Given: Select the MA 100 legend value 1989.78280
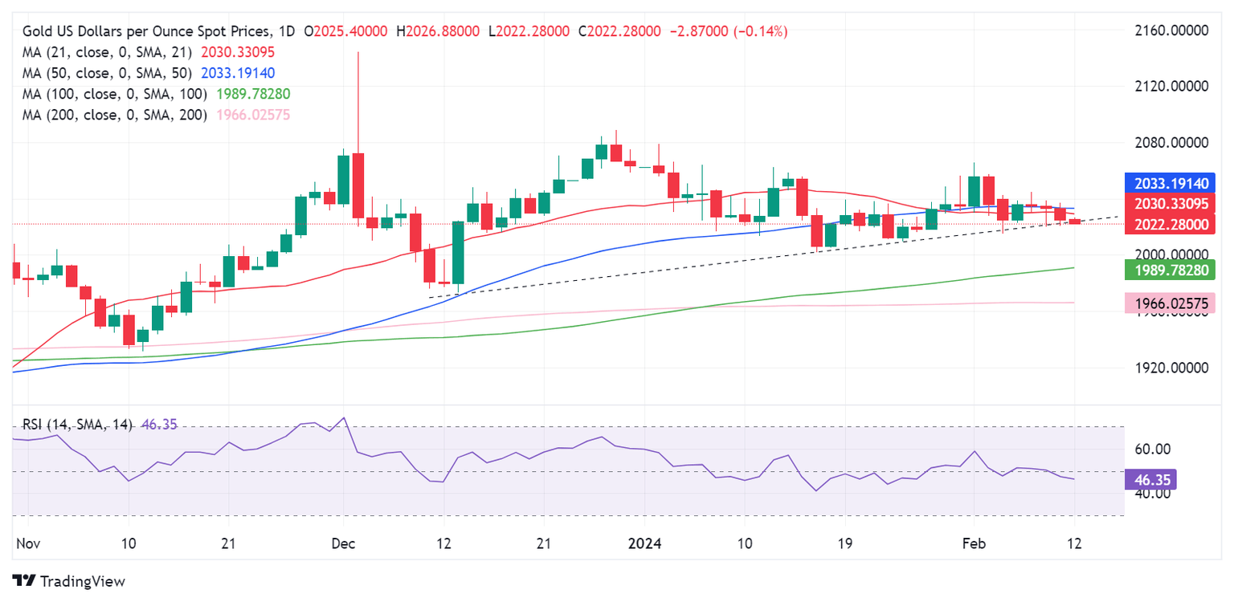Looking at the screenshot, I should pyautogui.click(x=253, y=94).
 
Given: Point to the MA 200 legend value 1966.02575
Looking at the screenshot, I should pyautogui.click(x=253, y=115).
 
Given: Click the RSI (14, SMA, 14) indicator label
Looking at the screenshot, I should pyautogui.click(x=77, y=424).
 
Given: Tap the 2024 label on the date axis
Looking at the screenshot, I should pyautogui.click(x=644, y=543).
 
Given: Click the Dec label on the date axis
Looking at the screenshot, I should pyautogui.click(x=344, y=543).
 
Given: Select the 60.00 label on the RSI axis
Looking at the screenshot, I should pyautogui.click(x=1153, y=449).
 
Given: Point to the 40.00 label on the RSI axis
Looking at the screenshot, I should pyautogui.click(x=1153, y=494).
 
